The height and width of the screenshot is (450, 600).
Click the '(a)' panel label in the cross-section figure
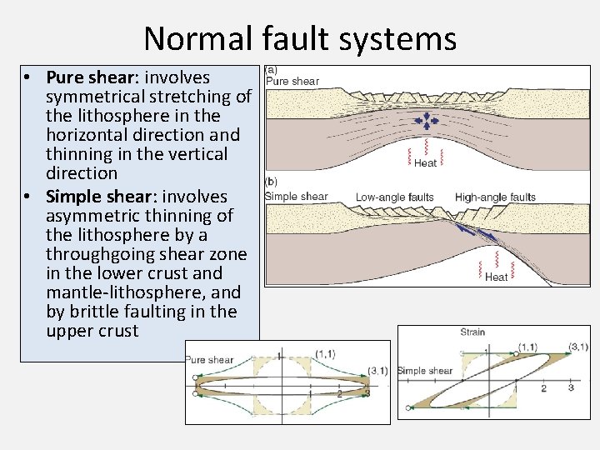point(272,70)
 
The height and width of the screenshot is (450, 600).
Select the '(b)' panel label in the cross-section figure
point(272,181)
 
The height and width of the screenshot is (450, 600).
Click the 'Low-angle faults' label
point(394,197)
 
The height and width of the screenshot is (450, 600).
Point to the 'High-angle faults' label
point(495,197)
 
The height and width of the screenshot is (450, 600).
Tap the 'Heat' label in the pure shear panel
point(425,163)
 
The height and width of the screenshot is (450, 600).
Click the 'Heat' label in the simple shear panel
point(496,277)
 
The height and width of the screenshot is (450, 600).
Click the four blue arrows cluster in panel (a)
point(427,122)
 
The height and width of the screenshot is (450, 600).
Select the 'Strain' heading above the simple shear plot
point(472,332)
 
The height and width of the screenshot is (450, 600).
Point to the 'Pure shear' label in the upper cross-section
point(292,82)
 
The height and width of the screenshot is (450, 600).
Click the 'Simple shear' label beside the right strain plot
point(425,371)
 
